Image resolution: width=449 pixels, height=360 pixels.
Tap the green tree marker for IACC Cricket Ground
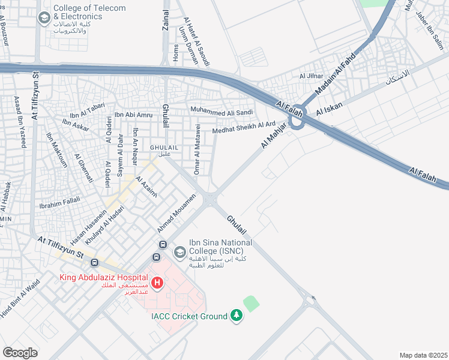click(x=237, y=316)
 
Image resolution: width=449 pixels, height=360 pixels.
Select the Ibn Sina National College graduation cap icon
click(x=179, y=253)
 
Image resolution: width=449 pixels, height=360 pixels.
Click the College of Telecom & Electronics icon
click(x=43, y=18)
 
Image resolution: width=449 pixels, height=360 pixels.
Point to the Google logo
click(x=20, y=352)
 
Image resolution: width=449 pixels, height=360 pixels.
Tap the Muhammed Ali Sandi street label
click(x=221, y=110)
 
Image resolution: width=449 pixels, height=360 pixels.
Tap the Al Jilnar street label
click(x=311, y=76)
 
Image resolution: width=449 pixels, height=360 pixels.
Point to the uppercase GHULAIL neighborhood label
click(x=161, y=147)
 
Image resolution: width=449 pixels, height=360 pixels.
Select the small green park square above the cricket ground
click(x=252, y=304)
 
